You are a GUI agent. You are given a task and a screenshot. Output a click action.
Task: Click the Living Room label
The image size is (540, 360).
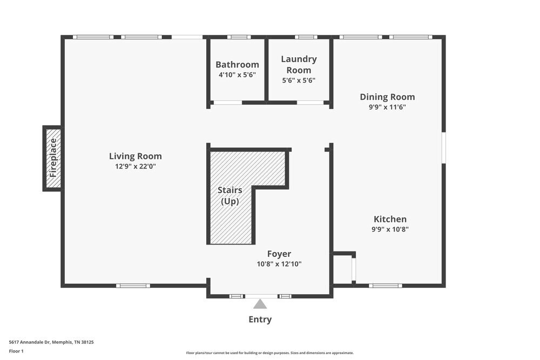click(x=135, y=156)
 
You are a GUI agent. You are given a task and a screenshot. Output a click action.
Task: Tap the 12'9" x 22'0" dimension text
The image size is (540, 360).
click(x=135, y=166)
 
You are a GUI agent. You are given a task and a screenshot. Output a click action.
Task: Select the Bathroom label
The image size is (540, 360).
click(x=237, y=65)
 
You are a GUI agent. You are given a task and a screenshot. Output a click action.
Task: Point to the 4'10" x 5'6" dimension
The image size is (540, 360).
click(x=237, y=75)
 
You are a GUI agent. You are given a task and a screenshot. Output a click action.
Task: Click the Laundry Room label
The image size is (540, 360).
click(x=299, y=64)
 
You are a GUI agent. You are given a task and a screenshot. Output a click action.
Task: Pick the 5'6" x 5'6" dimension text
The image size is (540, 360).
click(x=299, y=80)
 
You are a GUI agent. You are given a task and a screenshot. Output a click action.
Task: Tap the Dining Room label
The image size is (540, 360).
click(x=387, y=97)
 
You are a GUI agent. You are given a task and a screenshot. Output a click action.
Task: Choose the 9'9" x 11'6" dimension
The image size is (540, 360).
click(x=387, y=107)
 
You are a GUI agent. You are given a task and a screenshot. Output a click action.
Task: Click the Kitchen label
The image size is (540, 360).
click(x=390, y=219)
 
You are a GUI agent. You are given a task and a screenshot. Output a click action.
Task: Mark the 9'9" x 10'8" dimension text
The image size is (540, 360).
click(x=390, y=229)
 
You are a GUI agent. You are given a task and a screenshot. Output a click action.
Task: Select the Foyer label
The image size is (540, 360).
click(x=279, y=254)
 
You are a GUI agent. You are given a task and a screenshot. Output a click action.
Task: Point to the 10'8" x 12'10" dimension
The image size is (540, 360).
click(x=279, y=264)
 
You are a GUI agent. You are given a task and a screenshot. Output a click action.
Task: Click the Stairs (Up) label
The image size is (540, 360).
click(x=230, y=195)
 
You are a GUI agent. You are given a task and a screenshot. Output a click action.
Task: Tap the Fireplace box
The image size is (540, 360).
click(x=53, y=158)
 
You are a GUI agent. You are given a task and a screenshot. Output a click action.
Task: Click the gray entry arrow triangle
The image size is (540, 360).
click(x=260, y=304)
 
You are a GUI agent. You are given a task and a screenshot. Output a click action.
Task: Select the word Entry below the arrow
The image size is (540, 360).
click(x=260, y=320)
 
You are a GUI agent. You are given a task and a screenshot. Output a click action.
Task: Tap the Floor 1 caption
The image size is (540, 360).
click(x=16, y=351)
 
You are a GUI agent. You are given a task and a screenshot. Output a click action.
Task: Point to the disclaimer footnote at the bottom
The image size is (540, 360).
click(x=270, y=352)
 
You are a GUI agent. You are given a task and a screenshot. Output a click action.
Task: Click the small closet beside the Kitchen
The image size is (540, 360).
click(x=342, y=269)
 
